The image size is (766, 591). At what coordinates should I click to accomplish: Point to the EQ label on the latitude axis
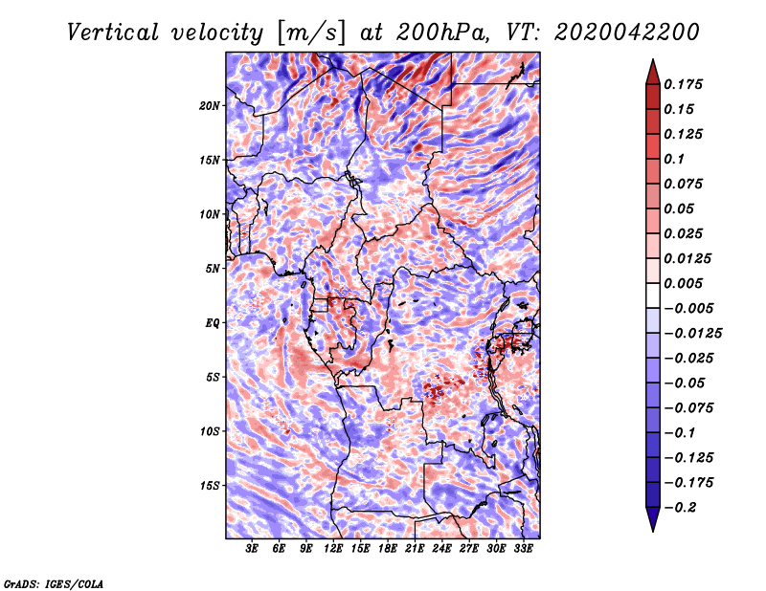click(x=213, y=323)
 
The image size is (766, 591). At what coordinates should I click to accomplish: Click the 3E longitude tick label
click(x=253, y=549)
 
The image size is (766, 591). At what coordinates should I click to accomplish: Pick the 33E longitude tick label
click(x=524, y=549)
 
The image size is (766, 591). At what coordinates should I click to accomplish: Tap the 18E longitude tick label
click(x=388, y=549)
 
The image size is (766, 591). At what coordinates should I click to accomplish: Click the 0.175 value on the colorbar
click(x=686, y=84)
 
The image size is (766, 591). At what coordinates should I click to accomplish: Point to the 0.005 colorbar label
click(x=686, y=283)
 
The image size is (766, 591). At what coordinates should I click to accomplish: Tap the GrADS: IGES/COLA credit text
click(x=54, y=582)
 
